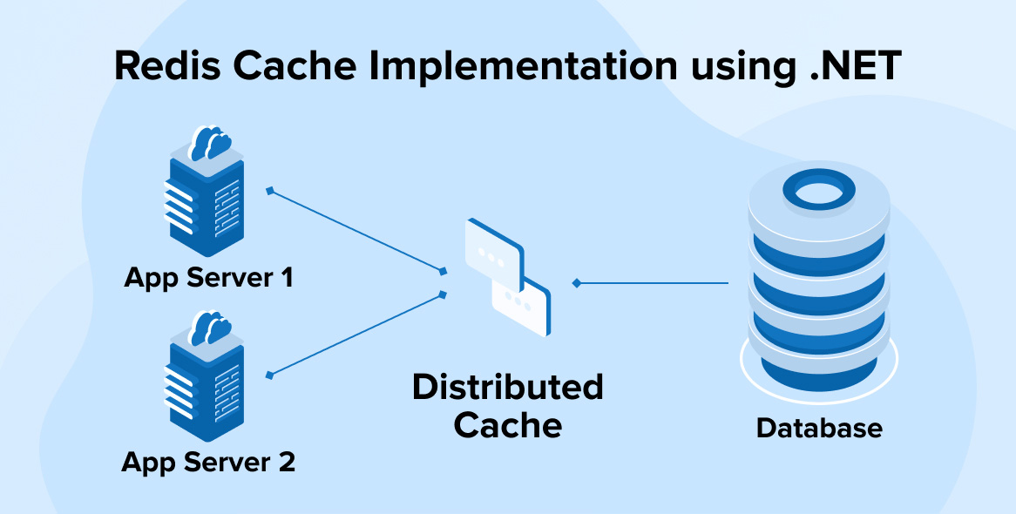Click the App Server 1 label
point(208,278)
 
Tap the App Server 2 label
point(208,462)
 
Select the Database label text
point(819,429)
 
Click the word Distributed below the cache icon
point(508,387)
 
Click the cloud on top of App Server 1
point(210,142)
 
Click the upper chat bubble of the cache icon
point(493,253)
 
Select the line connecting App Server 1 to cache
point(357,230)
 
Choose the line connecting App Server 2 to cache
point(357,335)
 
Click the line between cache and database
point(654,283)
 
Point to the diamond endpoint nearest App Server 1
point(270,189)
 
